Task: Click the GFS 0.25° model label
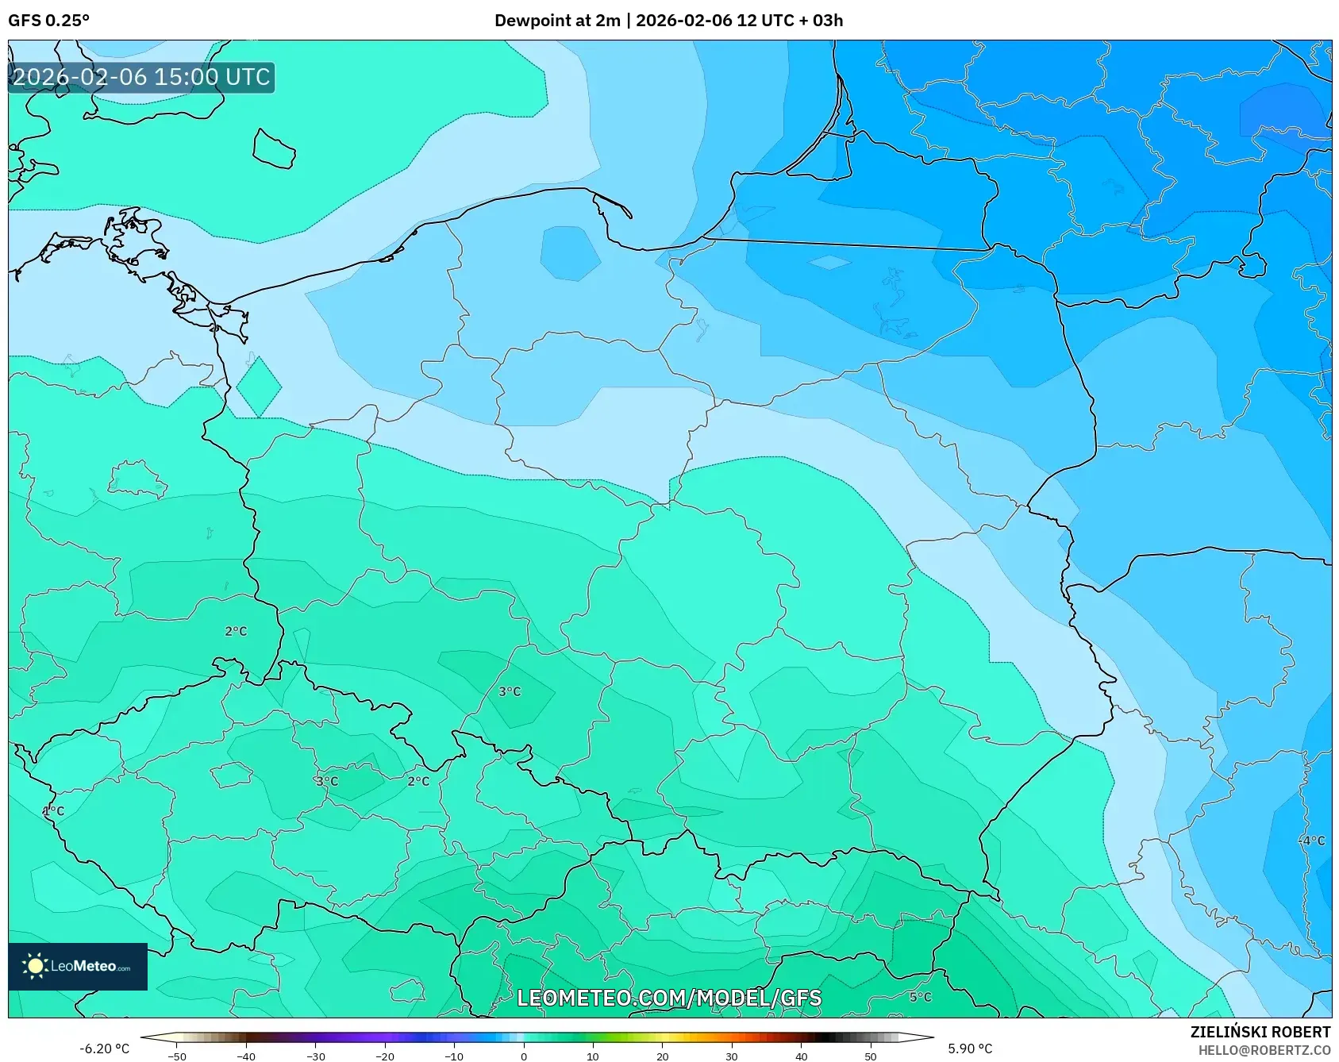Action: click(x=48, y=21)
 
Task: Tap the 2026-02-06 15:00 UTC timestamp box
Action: click(x=141, y=78)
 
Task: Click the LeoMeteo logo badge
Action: click(x=78, y=966)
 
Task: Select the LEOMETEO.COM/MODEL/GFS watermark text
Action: click(x=668, y=999)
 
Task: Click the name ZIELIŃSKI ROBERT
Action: click(x=1260, y=1032)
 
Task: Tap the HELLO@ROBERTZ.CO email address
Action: click(x=1264, y=1050)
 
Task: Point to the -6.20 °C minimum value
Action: click(x=104, y=1049)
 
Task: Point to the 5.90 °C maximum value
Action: click(x=970, y=1049)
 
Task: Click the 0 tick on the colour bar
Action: click(x=523, y=1056)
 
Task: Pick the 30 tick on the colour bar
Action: click(x=731, y=1056)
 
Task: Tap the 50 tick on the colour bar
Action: click(x=870, y=1056)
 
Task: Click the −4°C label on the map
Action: click(x=1311, y=841)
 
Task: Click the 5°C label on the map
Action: click(x=920, y=997)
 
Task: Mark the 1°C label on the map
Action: click(x=53, y=811)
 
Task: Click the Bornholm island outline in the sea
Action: click(x=274, y=149)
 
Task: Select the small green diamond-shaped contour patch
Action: click(x=259, y=387)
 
